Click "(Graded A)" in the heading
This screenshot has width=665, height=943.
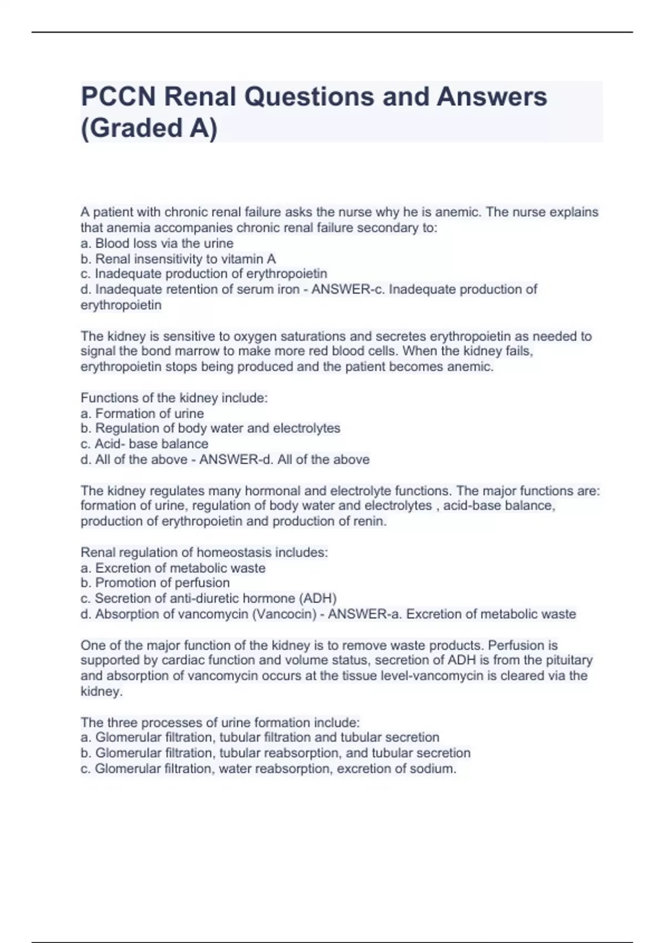(x=149, y=128)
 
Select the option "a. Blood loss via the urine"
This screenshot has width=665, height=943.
(x=157, y=244)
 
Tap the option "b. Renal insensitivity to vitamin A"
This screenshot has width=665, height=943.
(x=178, y=259)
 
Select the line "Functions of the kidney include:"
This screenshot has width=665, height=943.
(x=174, y=398)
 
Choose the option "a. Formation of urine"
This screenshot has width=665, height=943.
(x=142, y=413)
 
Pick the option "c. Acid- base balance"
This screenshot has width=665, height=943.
(x=144, y=444)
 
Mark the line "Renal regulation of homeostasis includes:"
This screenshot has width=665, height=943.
(x=204, y=552)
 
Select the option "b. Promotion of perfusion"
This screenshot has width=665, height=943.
(x=155, y=583)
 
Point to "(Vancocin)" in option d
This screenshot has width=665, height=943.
(x=284, y=614)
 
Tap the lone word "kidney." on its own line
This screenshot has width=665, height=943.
(x=101, y=691)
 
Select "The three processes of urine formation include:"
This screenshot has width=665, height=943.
(x=220, y=722)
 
